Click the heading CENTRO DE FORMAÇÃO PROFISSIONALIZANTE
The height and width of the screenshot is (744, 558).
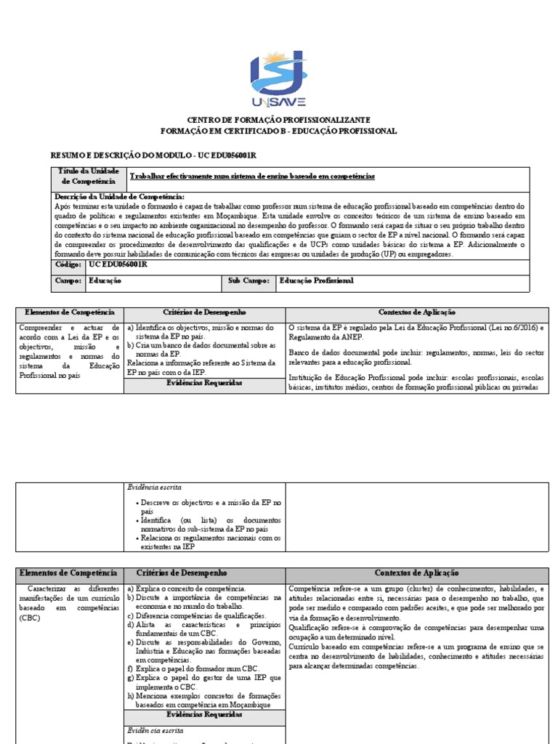[x=279, y=119]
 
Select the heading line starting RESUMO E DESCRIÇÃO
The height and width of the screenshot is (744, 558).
[x=153, y=155]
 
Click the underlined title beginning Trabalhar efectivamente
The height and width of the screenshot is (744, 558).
[x=252, y=177]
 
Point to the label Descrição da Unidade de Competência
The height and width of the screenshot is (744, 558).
[x=120, y=197]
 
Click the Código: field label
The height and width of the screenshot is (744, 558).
[x=69, y=264]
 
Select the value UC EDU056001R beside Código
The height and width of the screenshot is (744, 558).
[x=118, y=264]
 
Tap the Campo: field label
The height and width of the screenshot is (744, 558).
[x=69, y=280]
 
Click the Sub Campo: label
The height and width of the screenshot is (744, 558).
[x=249, y=280]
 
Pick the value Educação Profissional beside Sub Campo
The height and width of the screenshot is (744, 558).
[x=316, y=280]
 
